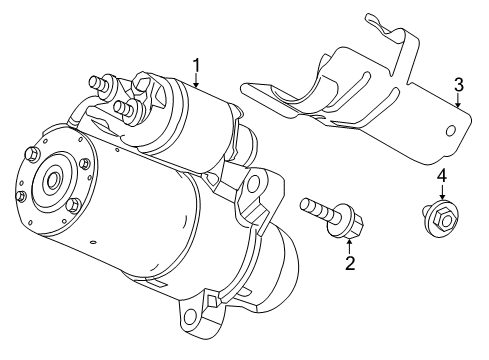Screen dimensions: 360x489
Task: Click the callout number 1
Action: click(x=197, y=65)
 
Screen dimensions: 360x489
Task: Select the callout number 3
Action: click(x=458, y=84)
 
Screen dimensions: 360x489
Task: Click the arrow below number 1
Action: click(x=197, y=82)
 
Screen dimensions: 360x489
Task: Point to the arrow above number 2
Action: click(x=349, y=246)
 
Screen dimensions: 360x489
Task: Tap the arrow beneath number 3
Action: click(x=457, y=101)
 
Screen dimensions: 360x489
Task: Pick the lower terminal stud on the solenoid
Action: click(x=120, y=106)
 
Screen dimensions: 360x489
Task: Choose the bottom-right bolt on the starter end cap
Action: click(x=73, y=207)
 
